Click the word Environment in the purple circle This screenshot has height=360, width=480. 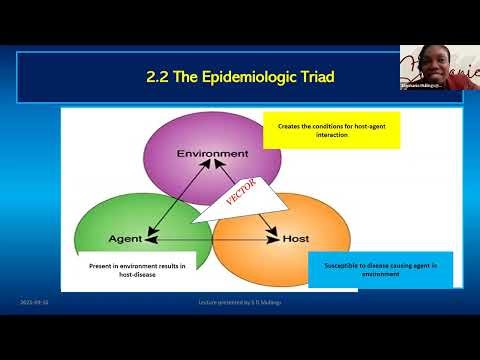212,153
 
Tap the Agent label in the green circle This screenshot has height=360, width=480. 128,240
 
